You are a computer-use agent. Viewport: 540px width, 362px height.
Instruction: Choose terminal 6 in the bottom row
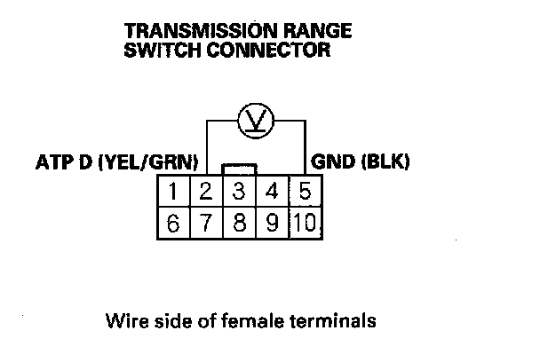[174, 223]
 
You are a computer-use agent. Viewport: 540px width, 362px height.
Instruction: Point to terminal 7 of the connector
[206, 223]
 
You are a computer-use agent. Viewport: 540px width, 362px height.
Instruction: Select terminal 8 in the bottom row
[239, 223]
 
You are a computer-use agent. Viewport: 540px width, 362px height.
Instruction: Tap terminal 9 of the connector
[272, 223]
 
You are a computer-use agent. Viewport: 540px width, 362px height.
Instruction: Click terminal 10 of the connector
[306, 223]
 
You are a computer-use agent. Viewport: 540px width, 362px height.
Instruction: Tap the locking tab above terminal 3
[240, 169]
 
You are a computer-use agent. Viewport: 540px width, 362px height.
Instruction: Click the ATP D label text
[64, 163]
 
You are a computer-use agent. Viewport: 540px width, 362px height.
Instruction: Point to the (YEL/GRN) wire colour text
[148, 163]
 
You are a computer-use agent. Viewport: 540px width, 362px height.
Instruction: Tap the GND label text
[332, 163]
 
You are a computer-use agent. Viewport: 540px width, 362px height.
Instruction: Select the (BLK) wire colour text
[383, 163]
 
